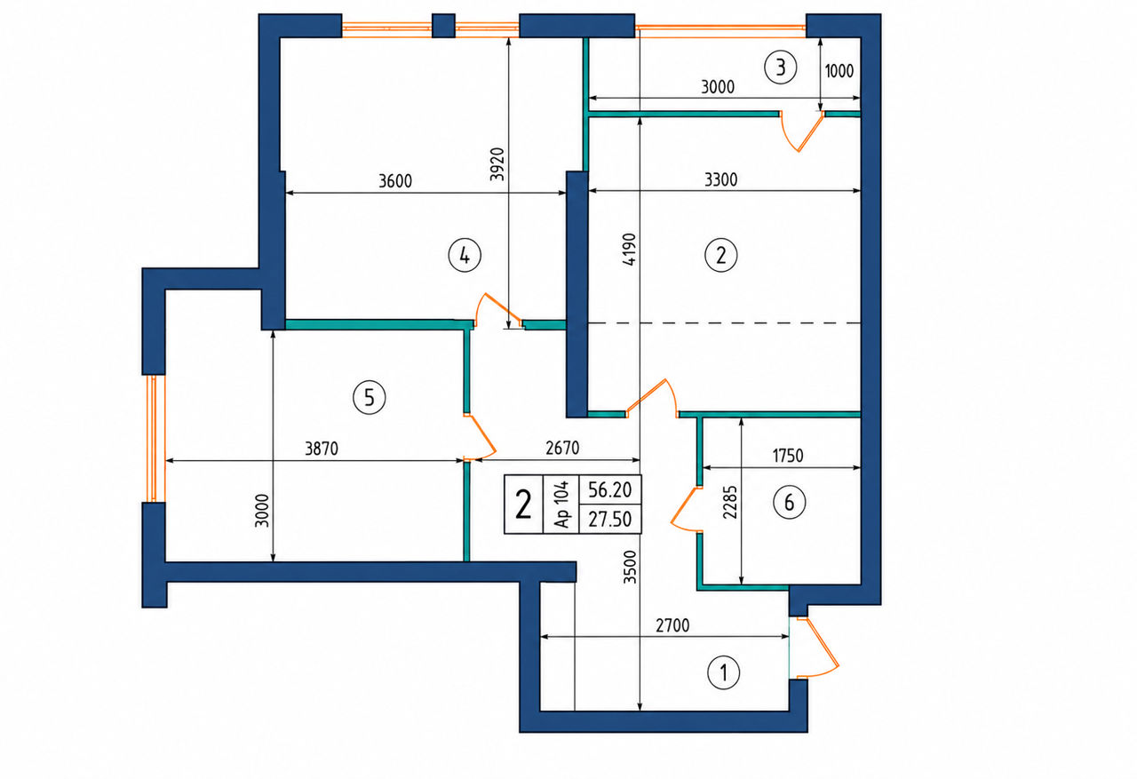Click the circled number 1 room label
[723, 673]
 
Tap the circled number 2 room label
[720, 255]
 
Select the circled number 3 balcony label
[781, 67]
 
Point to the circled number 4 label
[465, 256]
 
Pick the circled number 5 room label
[369, 397]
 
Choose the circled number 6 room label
[790, 502]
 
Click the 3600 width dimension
[395, 180]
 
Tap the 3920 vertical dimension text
[498, 164]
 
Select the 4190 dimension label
[629, 250]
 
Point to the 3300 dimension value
[720, 179]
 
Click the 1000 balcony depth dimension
[839, 71]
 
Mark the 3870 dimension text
[322, 449]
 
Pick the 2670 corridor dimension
[562, 448]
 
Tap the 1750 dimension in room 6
[788, 456]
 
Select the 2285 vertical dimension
[730, 503]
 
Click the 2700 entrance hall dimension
[672, 625]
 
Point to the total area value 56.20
[609, 489]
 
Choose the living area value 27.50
[609, 519]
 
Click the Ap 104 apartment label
[561, 505]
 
